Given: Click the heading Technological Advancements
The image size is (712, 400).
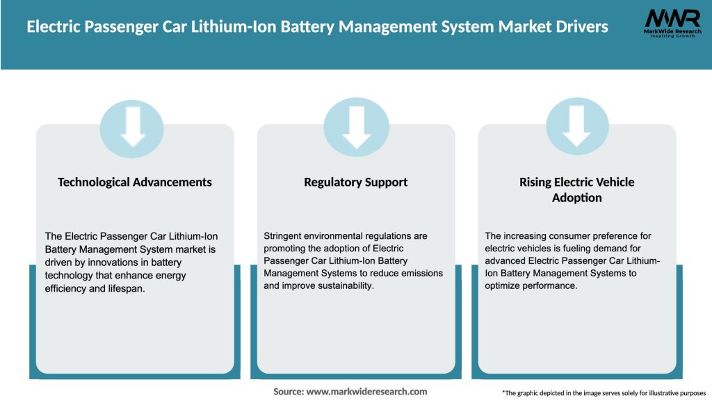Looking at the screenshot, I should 135,182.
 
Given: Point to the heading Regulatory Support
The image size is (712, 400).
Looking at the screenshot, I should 356,182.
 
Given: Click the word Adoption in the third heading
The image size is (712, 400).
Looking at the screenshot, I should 577,198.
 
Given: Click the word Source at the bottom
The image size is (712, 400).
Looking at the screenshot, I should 288,392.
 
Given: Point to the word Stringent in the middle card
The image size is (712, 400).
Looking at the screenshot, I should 285,236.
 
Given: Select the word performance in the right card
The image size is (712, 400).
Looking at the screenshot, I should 549,285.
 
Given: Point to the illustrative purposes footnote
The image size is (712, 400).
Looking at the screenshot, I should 604,392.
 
